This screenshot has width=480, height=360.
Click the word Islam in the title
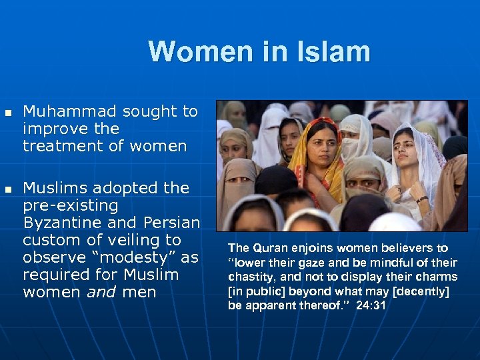point(337,51)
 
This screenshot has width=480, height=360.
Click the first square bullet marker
point(8,111)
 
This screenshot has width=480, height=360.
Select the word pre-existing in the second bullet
point(70,205)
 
